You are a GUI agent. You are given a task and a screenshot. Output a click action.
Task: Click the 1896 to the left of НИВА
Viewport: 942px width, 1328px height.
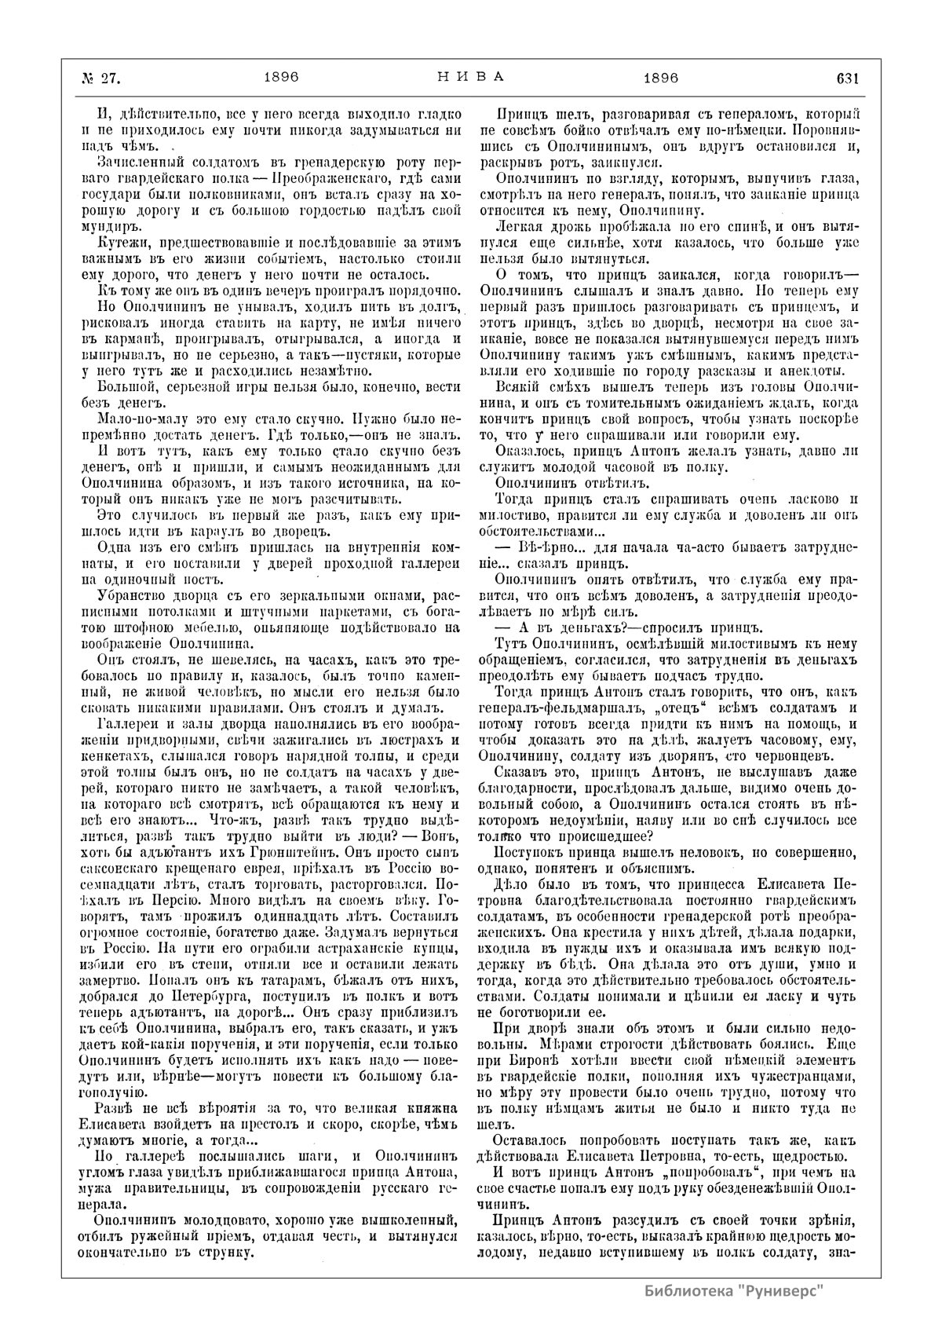282,79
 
